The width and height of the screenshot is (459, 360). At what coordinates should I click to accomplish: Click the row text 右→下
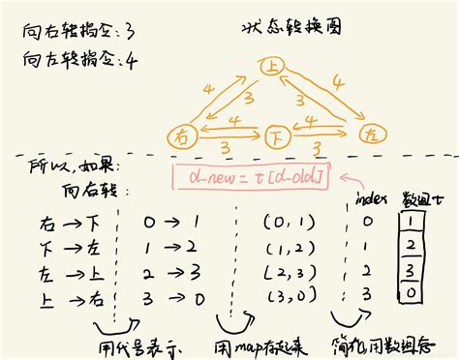[59, 224]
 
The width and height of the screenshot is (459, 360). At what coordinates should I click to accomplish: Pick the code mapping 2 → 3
[155, 270]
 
